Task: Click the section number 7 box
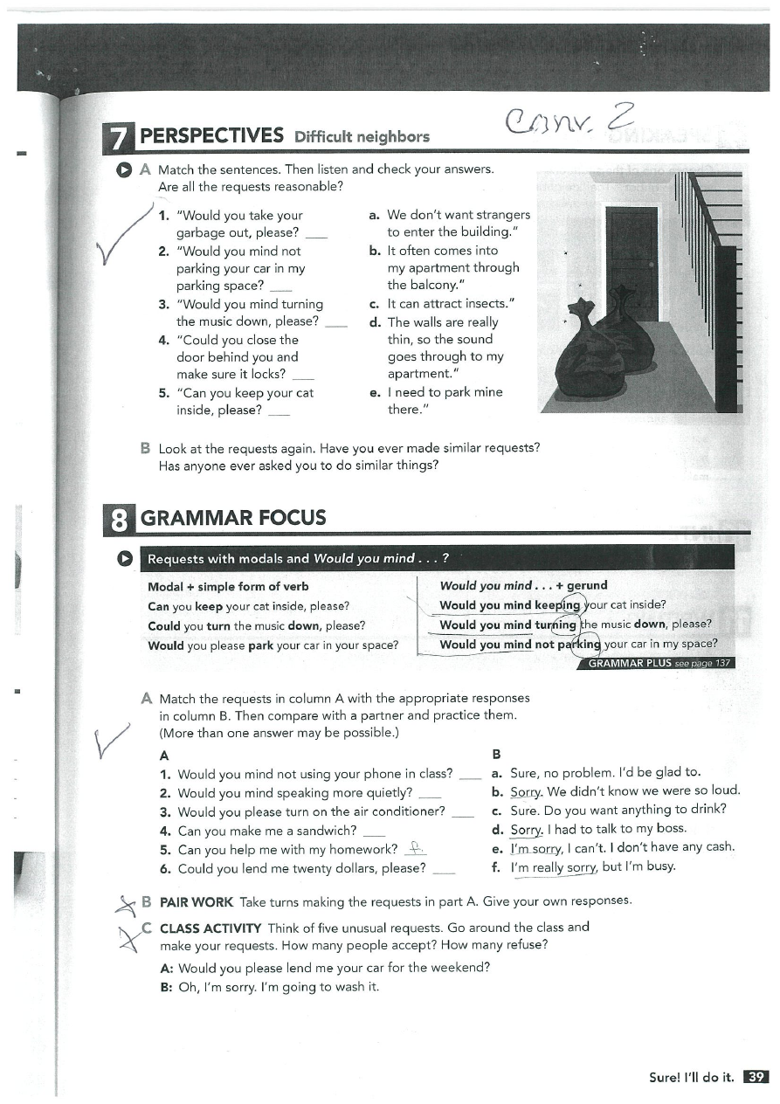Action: coord(119,137)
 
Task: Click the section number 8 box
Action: coord(119,518)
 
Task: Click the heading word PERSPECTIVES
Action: coord(212,135)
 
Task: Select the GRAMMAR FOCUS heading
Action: coord(233,518)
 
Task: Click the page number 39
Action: coord(756,1077)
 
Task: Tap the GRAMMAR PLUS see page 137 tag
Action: coord(657,663)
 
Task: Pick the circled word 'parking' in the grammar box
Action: coord(578,645)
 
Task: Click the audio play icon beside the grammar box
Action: coord(125,558)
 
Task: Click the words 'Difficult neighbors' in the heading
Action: coord(362,136)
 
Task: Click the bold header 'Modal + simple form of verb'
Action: coord(228,586)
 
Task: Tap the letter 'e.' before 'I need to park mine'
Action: coord(375,392)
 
